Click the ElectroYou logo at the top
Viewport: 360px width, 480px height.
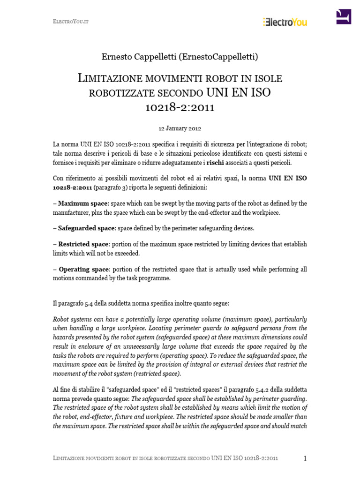tap(285, 21)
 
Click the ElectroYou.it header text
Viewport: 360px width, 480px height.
tap(66, 22)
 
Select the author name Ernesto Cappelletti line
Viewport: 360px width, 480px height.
tap(180, 57)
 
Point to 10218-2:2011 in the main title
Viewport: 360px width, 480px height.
tap(180, 107)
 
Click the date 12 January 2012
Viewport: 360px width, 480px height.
tap(180, 127)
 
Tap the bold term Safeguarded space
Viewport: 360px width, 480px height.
tap(86, 228)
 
